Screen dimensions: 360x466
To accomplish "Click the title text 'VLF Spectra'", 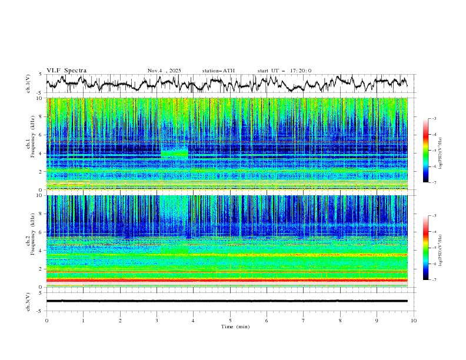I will tap(66, 71).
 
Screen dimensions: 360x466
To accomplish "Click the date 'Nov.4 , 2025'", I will tap(164, 71).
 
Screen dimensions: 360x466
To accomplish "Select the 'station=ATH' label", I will tap(218, 71).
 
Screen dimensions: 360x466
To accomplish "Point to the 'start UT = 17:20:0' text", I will tap(284, 71).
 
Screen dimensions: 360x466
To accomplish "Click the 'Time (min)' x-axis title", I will tap(230, 326).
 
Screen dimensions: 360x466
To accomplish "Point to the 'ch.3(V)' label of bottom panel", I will tap(28, 301).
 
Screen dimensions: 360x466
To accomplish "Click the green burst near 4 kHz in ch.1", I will tap(174, 154).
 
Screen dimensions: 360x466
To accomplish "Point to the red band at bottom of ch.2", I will tap(230, 280).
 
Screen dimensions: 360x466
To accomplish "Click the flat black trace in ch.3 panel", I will tap(230, 301).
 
